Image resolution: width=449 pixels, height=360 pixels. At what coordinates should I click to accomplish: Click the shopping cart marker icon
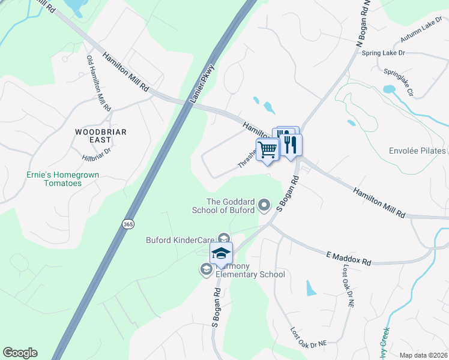tap(268, 149)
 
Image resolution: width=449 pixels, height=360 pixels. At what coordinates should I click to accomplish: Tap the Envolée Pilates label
tap(417, 151)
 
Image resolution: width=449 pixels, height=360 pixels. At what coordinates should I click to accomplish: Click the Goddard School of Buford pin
tap(264, 206)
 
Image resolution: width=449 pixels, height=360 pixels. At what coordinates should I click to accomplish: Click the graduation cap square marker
tap(221, 253)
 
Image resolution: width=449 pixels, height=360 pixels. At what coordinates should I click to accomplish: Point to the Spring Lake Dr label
tap(384, 53)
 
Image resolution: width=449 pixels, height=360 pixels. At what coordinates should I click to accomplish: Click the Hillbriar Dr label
tap(97, 155)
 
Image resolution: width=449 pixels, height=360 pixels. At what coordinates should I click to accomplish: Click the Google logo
tap(20, 353)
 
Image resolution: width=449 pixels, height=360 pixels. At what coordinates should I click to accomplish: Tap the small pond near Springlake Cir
tap(389, 89)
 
